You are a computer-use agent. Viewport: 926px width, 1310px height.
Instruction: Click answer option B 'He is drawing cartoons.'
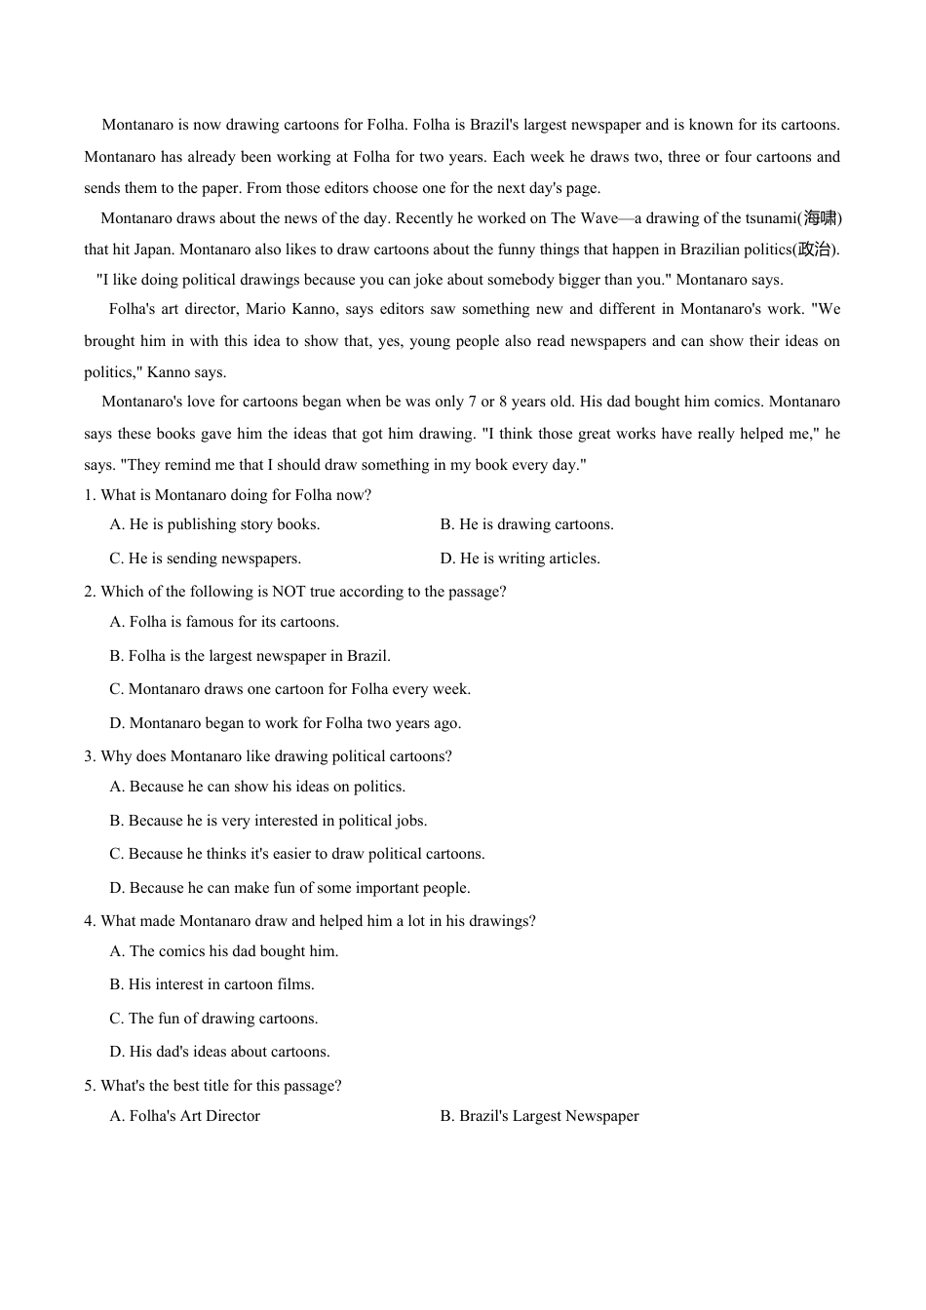pyautogui.click(x=526, y=524)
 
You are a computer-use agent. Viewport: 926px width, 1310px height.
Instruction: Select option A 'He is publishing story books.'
pyautogui.click(x=214, y=524)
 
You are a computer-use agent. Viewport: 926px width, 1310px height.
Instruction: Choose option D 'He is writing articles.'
pyautogui.click(x=520, y=559)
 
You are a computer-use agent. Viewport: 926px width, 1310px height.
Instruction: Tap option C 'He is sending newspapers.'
pyautogui.click(x=205, y=559)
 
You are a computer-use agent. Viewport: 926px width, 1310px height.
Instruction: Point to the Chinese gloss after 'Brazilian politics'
pyautogui.click(x=814, y=250)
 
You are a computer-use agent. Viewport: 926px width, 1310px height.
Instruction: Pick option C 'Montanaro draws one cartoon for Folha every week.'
pyautogui.click(x=289, y=689)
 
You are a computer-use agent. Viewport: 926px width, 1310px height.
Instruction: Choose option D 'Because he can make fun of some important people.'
pyautogui.click(x=289, y=888)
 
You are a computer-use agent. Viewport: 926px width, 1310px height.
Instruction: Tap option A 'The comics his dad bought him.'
pyautogui.click(x=223, y=951)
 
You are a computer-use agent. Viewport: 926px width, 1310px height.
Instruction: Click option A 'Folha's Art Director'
pyautogui.click(x=184, y=1116)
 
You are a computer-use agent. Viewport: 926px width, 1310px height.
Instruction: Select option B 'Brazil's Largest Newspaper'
pyautogui.click(x=539, y=1116)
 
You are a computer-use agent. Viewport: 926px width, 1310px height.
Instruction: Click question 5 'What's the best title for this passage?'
pyautogui.click(x=212, y=1086)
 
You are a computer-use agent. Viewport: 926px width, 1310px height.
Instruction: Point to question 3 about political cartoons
pyautogui.click(x=268, y=756)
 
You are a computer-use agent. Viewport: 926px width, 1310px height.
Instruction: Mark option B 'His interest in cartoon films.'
pyautogui.click(x=212, y=984)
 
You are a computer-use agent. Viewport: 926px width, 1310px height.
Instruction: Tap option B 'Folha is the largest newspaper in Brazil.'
pyautogui.click(x=250, y=656)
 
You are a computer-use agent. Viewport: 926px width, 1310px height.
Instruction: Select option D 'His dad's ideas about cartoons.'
pyautogui.click(x=219, y=1052)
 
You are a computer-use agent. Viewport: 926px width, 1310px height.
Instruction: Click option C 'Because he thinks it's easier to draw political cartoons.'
pyautogui.click(x=296, y=854)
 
